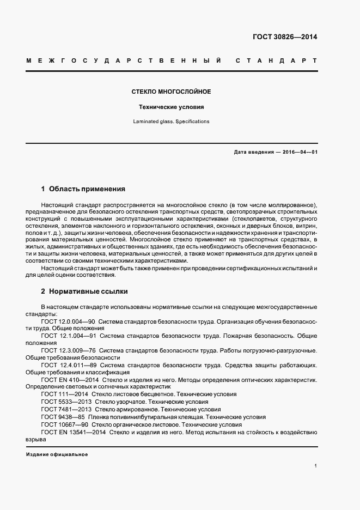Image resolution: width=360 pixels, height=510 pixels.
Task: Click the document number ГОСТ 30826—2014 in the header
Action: click(x=285, y=38)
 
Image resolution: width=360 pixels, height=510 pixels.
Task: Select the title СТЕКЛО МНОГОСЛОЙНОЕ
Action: click(x=172, y=92)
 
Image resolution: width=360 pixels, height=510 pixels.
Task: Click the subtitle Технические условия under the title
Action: click(x=172, y=107)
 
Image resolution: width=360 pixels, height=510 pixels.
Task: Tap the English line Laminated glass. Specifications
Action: click(x=172, y=122)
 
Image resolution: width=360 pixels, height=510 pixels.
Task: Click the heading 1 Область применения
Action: click(x=83, y=189)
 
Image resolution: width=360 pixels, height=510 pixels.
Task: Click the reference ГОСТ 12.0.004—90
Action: click(x=68, y=321)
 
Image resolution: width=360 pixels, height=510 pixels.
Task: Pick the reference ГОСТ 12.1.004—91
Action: click(x=68, y=336)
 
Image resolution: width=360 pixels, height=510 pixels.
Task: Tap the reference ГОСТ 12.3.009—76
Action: click(x=68, y=350)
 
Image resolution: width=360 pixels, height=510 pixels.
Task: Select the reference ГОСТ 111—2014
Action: click(x=64, y=393)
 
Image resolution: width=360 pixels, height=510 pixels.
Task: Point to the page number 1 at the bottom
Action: click(x=315, y=466)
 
